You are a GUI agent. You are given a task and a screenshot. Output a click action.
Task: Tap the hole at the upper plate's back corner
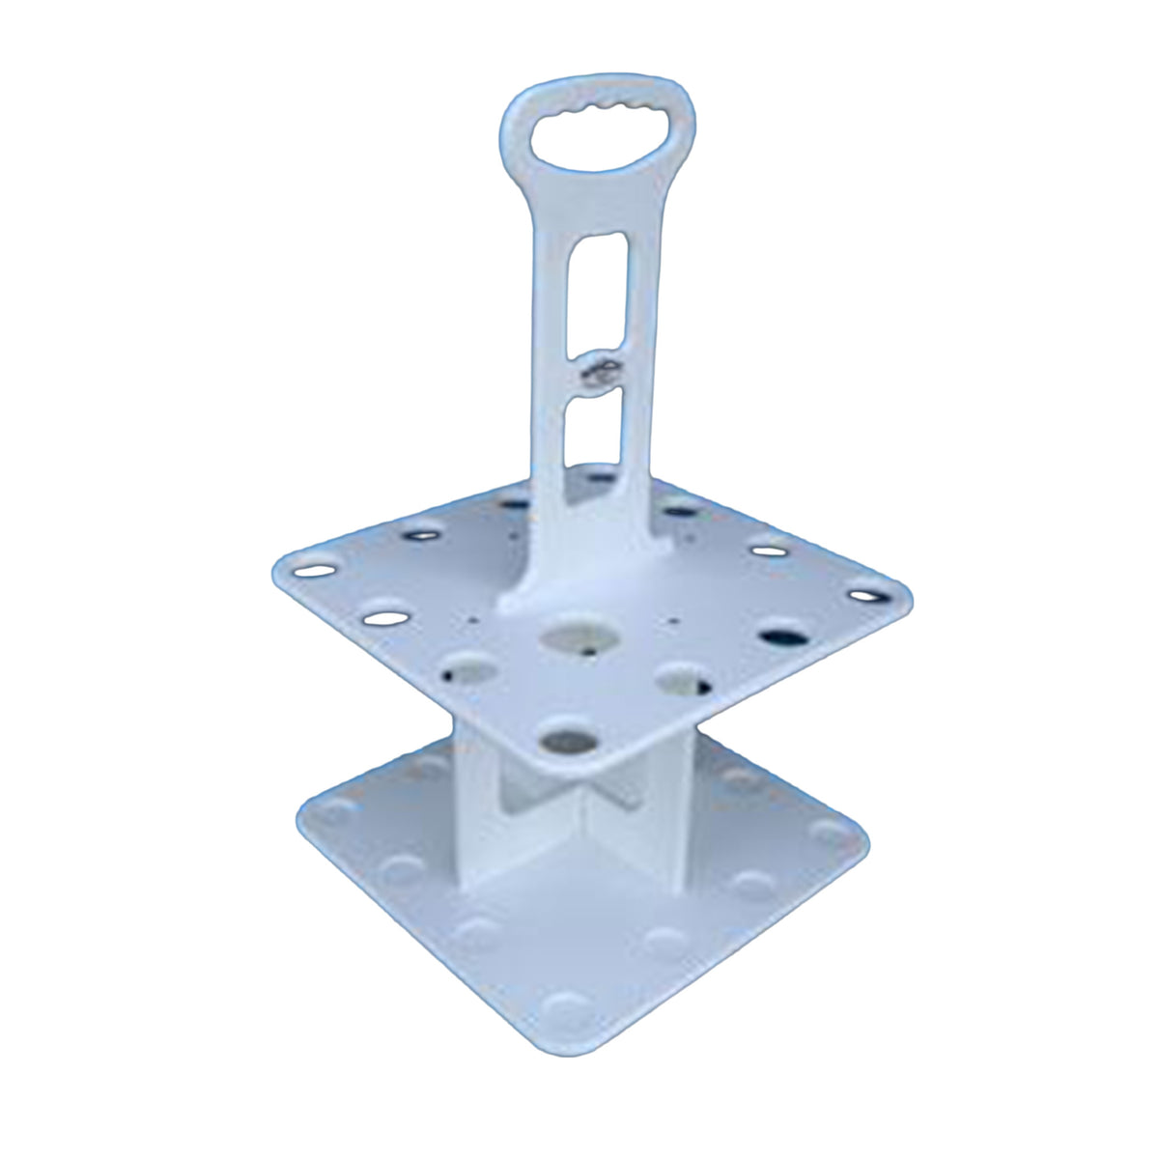coord(599,473)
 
